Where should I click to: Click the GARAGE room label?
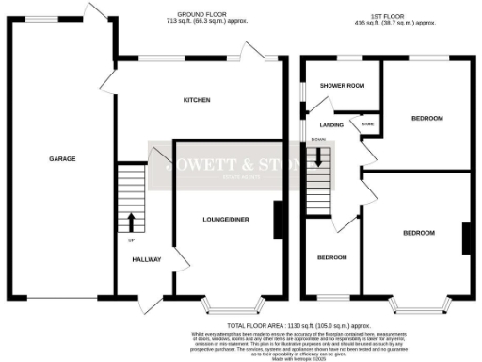pyautogui.click(x=62, y=158)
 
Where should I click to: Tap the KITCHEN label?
pyautogui.click(x=197, y=100)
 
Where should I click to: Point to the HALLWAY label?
pyautogui.click(x=147, y=260)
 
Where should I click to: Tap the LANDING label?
pyautogui.click(x=331, y=124)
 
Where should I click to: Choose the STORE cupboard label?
pyautogui.click(x=368, y=124)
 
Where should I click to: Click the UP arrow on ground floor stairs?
pyautogui.click(x=131, y=222)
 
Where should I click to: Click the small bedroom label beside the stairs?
pyautogui.click(x=331, y=258)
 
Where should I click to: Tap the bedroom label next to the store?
pyautogui.click(x=426, y=118)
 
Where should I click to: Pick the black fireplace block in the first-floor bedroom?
pyautogui.click(x=465, y=238)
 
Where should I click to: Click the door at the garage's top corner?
pyautogui.click(x=95, y=12)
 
